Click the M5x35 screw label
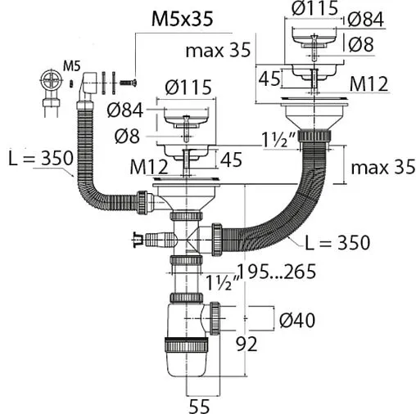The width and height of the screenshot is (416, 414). coord(182,19)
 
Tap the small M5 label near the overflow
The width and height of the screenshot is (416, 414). coord(72,65)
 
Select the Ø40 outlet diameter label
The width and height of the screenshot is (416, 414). coord(297,320)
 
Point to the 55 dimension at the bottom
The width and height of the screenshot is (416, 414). coord(199,407)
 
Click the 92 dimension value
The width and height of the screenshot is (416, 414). coord(246,344)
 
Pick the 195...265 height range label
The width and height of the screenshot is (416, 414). coord(277,272)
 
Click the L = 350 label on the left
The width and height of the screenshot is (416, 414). coord(41,158)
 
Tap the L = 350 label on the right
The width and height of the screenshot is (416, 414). coord(337,242)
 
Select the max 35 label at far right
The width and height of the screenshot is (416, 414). coord(383,167)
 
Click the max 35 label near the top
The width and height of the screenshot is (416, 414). coord(218,50)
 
